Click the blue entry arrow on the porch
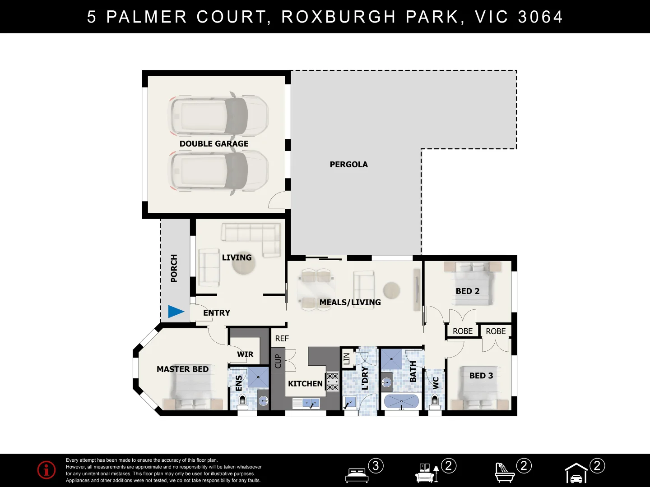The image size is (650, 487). (x=176, y=312)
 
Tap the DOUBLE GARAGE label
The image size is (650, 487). (x=214, y=144)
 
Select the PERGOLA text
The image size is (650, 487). (x=348, y=165)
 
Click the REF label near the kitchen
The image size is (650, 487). (x=282, y=338)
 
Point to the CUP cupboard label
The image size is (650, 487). (x=278, y=361)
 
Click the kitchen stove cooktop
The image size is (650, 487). (x=332, y=382)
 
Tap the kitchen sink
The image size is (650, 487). (x=306, y=403)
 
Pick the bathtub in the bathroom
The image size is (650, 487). (x=401, y=401)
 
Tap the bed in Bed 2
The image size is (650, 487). (x=472, y=284)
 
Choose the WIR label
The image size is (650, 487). (x=245, y=354)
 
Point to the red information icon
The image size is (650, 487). (x=46, y=469)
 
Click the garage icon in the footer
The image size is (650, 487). (x=576, y=473)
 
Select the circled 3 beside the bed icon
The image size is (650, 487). (x=376, y=466)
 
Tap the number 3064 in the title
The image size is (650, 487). (x=540, y=17)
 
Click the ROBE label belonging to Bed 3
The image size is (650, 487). (x=496, y=331)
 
